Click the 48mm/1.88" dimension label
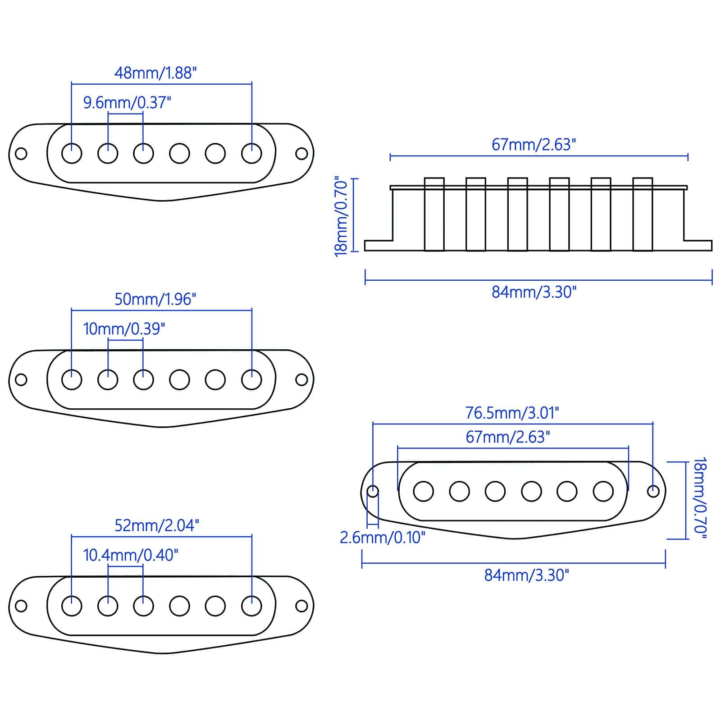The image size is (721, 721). pos(155,73)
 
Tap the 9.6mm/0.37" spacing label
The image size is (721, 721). pos(128,103)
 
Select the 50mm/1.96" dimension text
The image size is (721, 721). pos(155,299)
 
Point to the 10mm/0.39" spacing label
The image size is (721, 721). pos(124,329)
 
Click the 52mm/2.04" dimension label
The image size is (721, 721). pos(156,525)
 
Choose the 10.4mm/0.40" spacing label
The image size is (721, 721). pos(131,555)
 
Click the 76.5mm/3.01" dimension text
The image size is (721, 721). pos(512,413)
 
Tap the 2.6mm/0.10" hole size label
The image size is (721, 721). pos(382,537)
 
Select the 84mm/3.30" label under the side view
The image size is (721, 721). pos(534,292)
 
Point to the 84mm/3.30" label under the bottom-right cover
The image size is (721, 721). pos(527,575)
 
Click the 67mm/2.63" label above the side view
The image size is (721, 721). pos(534,145)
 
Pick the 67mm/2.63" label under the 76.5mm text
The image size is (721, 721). pos(508,437)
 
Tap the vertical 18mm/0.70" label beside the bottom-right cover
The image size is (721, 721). pos(699,497)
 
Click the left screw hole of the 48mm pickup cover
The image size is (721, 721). pos(21,154)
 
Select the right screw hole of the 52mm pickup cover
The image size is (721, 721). pos(301,606)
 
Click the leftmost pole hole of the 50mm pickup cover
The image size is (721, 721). pos(72,379)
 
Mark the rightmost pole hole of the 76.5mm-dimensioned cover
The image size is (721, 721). pos(603,491)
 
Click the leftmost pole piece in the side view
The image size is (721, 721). pos(434,214)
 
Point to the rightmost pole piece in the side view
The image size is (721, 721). pos(643,214)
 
